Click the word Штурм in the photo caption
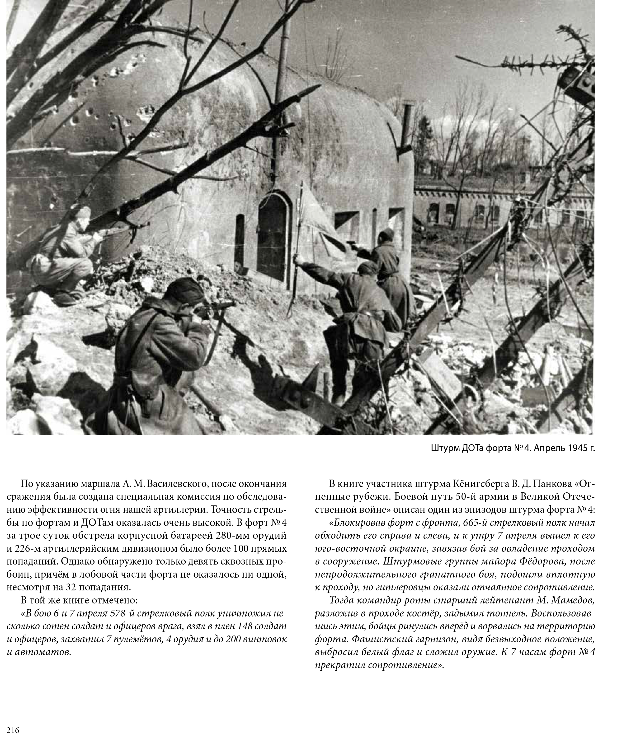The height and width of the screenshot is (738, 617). pyautogui.click(x=444, y=448)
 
